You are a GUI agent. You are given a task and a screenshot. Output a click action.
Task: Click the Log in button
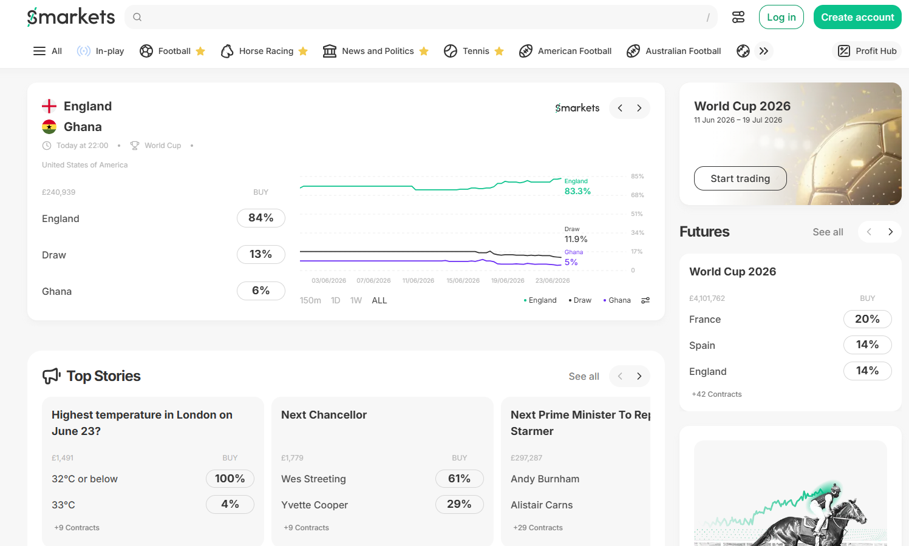point(781,17)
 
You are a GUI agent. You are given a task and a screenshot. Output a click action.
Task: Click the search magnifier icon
point(137,17)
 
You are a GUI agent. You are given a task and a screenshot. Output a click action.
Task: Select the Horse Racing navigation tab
point(264,51)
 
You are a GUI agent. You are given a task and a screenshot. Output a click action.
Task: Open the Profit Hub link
point(866,51)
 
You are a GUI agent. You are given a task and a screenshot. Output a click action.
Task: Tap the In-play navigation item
point(100,51)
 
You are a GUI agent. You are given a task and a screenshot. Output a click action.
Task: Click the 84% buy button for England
point(261,218)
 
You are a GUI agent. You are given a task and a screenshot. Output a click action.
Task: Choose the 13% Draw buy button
point(261,255)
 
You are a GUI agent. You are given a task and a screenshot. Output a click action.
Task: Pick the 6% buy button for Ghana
point(261,291)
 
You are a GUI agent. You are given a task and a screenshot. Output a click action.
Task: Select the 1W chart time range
point(356,300)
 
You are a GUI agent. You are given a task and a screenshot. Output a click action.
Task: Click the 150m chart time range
point(310,300)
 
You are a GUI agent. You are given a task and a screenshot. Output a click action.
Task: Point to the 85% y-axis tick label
point(637,177)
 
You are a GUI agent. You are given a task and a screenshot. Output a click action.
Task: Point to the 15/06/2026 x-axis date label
point(463,280)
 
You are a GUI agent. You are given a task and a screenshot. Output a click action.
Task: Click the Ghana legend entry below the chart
point(617,300)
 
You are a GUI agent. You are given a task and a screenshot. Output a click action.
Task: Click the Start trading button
point(740,178)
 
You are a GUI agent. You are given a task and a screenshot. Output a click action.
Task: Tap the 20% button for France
point(867,319)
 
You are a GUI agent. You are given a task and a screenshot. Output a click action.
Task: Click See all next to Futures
point(828,232)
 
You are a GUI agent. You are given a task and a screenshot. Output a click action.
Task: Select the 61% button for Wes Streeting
point(460,479)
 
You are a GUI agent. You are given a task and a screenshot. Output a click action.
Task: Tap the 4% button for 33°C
point(230,504)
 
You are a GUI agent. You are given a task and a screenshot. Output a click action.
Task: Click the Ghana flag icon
point(49,127)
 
